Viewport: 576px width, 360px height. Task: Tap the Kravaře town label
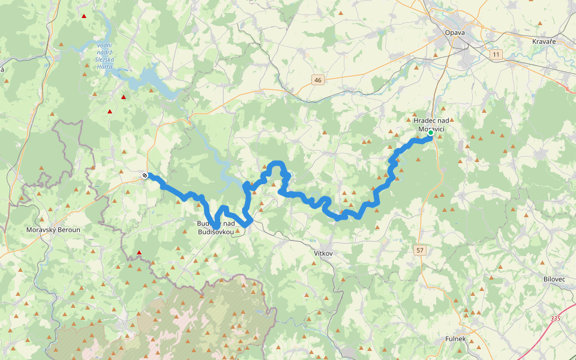544,41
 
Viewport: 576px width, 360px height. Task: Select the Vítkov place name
323,254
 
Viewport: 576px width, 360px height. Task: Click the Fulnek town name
455,339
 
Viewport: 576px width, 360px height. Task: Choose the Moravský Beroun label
53,230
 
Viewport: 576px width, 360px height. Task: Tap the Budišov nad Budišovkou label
215,227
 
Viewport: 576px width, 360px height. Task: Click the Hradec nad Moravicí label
431,124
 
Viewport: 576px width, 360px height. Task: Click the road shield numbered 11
495,55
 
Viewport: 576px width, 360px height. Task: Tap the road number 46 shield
317,80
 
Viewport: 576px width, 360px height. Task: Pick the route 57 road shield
420,250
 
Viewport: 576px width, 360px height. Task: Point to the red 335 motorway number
555,318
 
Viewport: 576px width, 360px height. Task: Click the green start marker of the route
431,133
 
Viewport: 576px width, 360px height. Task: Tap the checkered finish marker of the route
145,175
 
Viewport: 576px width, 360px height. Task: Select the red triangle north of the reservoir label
83,16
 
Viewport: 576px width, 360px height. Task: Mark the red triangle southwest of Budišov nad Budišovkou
139,253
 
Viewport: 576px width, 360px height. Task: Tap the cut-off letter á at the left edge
2,70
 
